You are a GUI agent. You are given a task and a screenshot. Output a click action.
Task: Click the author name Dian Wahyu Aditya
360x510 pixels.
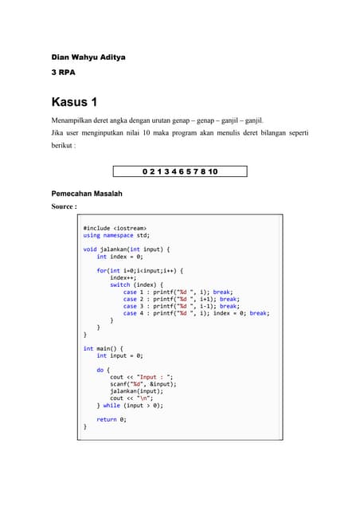point(88,57)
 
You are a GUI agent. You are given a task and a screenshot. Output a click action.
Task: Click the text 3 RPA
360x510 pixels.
point(63,73)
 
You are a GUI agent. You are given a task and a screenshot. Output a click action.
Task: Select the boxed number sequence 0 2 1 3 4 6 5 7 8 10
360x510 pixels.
point(180,171)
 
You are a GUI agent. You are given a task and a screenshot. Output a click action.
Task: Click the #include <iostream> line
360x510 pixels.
point(115,229)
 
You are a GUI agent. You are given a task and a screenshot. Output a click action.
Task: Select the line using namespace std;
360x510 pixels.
point(116,236)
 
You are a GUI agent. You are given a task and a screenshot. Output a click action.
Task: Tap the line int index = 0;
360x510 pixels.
point(119,257)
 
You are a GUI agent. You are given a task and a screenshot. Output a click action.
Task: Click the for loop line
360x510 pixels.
point(139,271)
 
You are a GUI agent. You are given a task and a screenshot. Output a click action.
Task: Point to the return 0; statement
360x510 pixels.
point(112,419)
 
